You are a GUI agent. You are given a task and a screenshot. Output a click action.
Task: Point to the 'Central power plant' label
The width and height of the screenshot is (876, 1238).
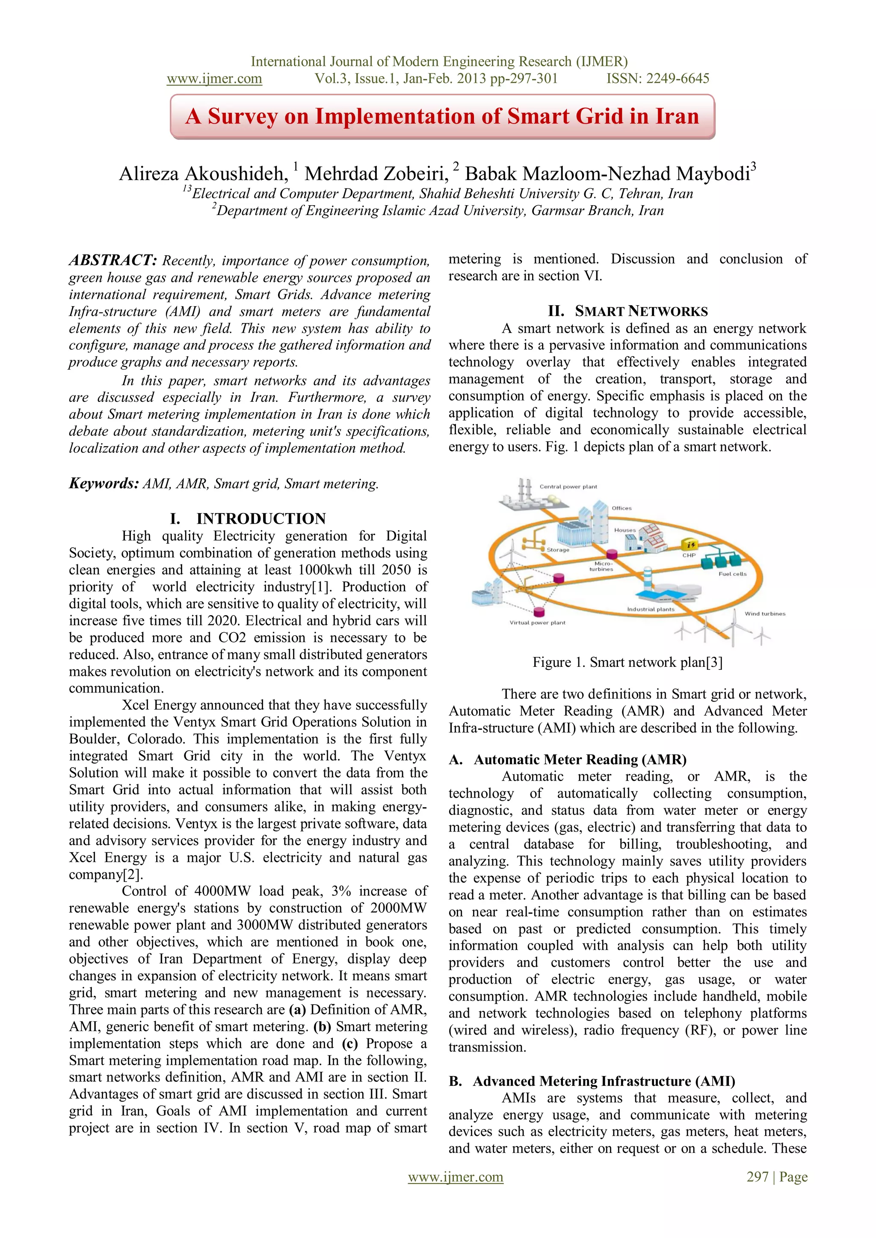[568, 486]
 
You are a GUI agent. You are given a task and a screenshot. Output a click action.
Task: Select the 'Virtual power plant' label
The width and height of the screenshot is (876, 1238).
[537, 622]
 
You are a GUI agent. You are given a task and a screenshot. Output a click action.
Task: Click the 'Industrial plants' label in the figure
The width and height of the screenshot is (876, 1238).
[651, 609]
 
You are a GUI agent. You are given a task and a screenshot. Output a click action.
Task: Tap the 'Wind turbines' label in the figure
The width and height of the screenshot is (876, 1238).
[764, 613]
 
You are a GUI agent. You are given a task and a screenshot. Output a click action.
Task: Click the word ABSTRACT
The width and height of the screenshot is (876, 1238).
[112, 260]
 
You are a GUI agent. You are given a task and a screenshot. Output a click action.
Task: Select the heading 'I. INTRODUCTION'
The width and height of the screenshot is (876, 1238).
[248, 518]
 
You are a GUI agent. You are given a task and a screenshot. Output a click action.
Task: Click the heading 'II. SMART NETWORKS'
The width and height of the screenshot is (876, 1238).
[627, 311]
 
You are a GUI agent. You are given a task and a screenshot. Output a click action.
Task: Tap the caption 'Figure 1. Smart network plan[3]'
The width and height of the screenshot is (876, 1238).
[627, 662]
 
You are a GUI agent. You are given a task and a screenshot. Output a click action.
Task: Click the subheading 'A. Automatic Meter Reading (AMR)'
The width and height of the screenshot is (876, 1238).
[568, 759]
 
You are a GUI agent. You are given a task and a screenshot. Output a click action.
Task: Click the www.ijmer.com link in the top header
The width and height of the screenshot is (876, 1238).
[214, 79]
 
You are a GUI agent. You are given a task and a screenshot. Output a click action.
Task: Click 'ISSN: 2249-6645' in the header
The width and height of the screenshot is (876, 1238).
[657, 79]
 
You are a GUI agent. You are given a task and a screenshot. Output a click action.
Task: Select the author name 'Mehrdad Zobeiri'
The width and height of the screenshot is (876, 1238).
[376, 174]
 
